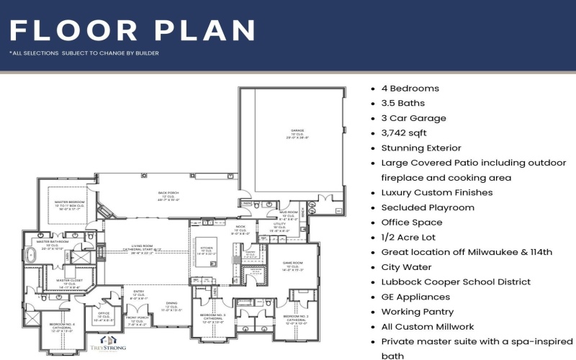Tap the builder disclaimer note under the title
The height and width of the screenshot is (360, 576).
point(84,53)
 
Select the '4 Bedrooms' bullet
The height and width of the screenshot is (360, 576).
point(410,89)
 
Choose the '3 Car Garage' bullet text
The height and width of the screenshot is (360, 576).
point(413,118)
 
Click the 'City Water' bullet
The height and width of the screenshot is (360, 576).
point(407,267)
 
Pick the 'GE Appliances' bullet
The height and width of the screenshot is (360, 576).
point(415,297)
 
